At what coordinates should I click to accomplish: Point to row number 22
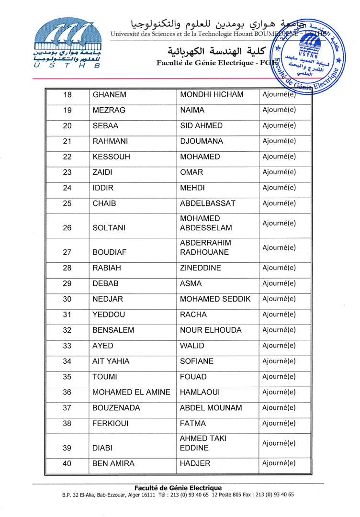(67, 157)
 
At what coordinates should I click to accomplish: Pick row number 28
(67, 268)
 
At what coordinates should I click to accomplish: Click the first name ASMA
(191, 283)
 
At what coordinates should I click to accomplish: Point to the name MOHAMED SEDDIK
(215, 299)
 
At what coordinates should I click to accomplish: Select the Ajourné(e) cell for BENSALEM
(279, 330)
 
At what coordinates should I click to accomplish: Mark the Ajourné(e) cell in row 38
(279, 423)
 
